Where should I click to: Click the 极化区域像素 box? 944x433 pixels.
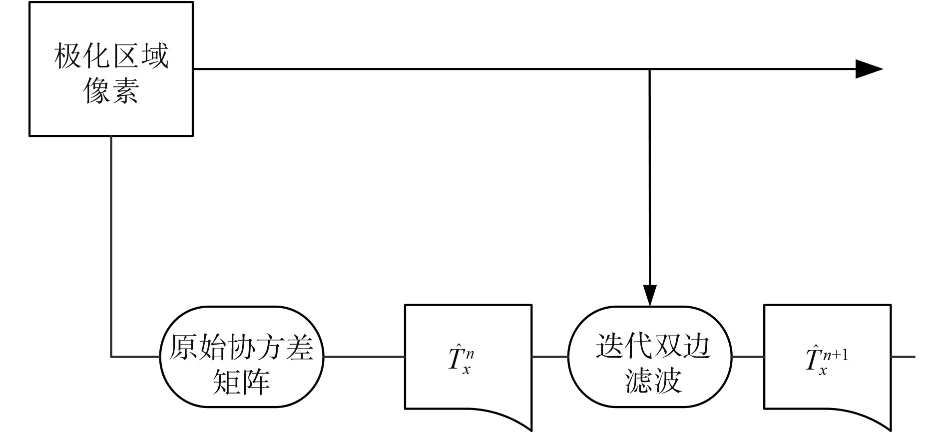[x=111, y=69]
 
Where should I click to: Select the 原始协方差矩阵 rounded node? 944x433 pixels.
[x=242, y=357]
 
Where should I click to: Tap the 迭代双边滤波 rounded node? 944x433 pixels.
[x=650, y=357]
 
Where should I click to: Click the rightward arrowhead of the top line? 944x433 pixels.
[x=869, y=69]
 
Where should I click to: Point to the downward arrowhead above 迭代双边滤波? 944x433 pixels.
[x=650, y=295]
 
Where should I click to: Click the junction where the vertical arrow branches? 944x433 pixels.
[x=650, y=69]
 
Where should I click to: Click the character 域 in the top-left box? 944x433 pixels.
[x=155, y=56]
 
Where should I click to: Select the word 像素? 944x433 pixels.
[x=111, y=91]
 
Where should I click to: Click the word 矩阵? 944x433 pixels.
[x=242, y=381]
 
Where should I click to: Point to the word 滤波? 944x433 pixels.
[x=653, y=381]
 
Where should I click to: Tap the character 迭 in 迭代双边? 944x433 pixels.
[x=609, y=346]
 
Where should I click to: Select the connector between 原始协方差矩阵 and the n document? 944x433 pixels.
[x=364, y=357]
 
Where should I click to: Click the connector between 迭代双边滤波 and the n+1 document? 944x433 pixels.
[x=748, y=357]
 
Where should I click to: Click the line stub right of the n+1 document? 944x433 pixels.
[x=903, y=357]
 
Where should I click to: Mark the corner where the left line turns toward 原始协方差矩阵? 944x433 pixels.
[x=111, y=357]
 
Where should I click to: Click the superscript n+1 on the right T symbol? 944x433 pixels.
[x=837, y=355]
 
